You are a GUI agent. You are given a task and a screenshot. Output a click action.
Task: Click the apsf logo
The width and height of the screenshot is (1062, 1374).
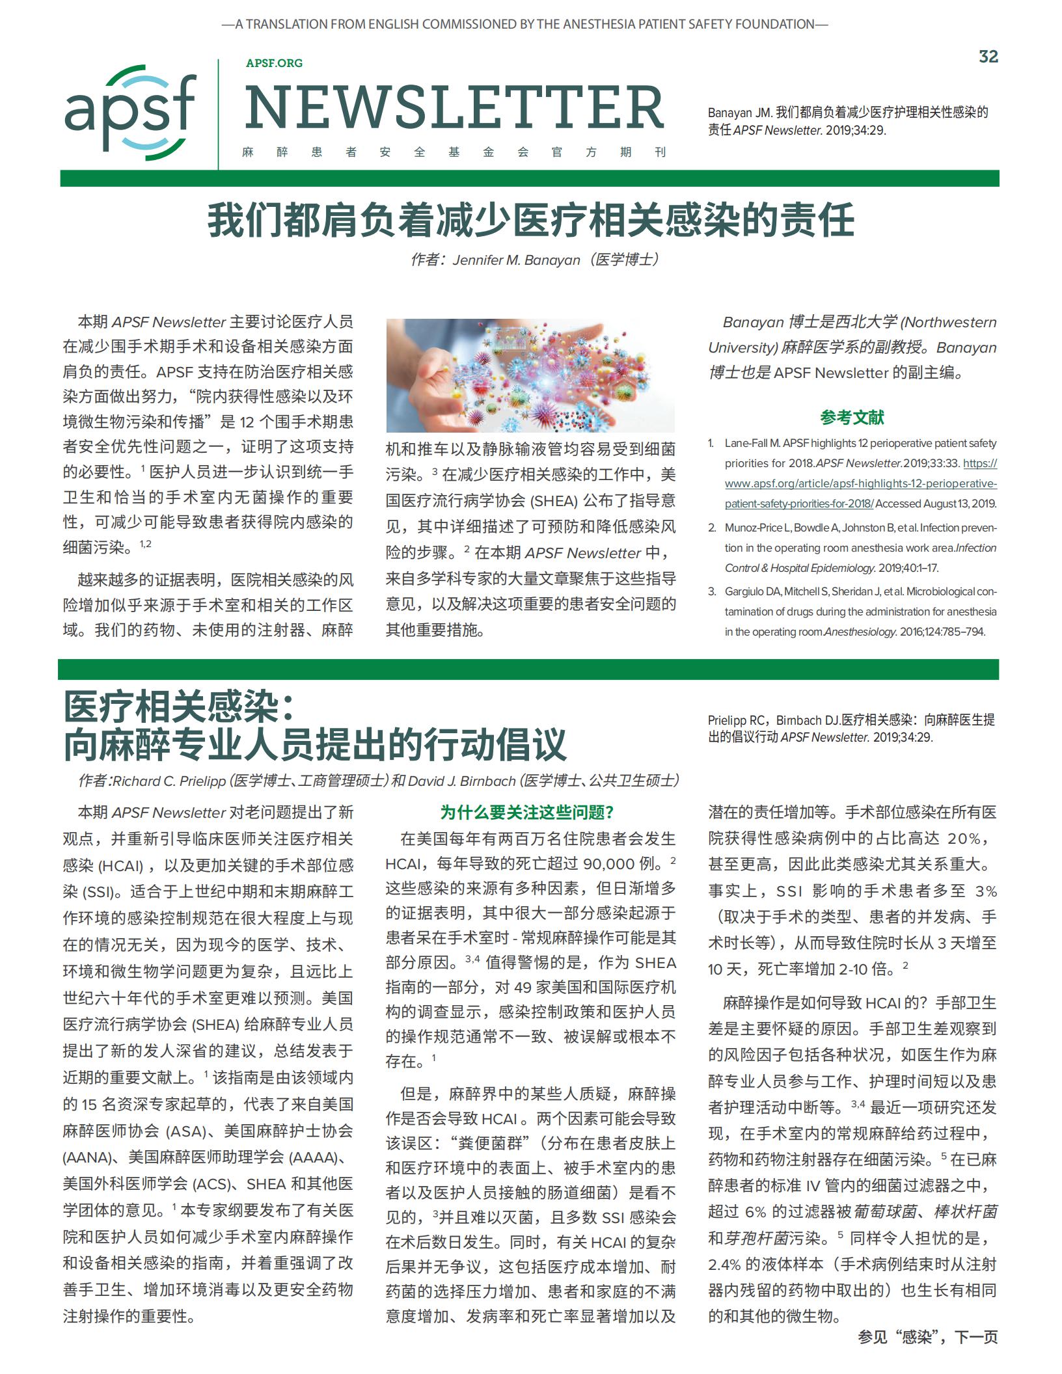click(130, 112)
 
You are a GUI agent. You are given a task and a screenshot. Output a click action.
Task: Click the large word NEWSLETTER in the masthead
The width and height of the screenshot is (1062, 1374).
click(454, 108)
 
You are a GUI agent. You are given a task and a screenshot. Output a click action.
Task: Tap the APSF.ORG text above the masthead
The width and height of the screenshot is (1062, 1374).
click(274, 63)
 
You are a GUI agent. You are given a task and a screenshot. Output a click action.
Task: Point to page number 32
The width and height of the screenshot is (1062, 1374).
click(988, 57)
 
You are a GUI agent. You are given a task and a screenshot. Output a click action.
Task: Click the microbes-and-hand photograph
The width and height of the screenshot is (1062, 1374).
click(530, 375)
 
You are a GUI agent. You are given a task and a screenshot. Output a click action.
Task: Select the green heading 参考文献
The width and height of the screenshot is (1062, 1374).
click(852, 418)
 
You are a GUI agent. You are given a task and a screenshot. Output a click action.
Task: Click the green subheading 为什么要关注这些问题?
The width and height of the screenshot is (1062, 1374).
click(527, 813)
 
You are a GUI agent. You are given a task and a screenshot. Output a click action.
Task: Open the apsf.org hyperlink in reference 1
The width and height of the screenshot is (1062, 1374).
click(860, 483)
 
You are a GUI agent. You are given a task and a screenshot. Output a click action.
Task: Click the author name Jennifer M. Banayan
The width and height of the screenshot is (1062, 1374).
click(516, 260)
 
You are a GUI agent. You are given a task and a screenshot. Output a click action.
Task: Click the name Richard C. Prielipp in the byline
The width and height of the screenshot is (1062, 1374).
click(169, 781)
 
